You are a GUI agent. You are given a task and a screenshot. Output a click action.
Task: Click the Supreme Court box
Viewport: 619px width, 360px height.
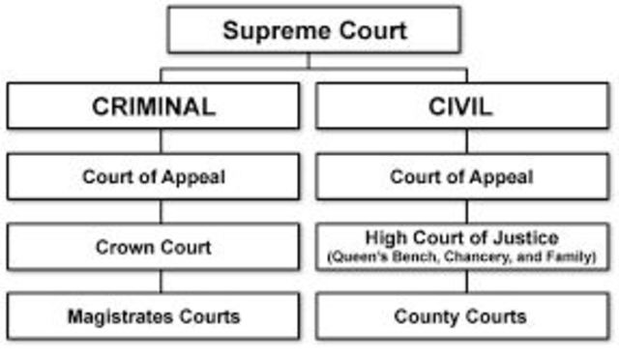click(x=314, y=30)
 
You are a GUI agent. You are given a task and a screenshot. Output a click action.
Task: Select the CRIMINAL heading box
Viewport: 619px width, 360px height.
click(x=154, y=105)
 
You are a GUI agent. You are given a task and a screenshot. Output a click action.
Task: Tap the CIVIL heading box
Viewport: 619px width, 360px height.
click(x=460, y=105)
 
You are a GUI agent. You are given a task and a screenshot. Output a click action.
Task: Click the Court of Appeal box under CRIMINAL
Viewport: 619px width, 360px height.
click(x=154, y=177)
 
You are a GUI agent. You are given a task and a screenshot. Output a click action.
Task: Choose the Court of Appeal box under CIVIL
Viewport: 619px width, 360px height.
click(x=460, y=177)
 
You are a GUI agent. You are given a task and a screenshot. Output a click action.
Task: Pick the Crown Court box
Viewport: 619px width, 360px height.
click(x=154, y=247)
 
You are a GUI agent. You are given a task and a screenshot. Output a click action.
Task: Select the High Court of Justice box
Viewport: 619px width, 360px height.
click(x=460, y=247)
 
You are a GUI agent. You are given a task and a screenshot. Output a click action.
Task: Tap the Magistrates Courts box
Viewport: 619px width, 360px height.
click(x=154, y=316)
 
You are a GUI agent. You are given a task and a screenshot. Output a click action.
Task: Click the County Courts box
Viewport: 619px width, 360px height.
click(x=460, y=316)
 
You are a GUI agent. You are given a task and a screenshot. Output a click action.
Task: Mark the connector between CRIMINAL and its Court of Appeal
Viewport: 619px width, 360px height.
click(x=161, y=141)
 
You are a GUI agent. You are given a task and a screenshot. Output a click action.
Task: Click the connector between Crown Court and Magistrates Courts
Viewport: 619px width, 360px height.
click(x=161, y=282)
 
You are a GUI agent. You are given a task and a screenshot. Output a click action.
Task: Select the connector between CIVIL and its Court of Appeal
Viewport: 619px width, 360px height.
click(x=466, y=141)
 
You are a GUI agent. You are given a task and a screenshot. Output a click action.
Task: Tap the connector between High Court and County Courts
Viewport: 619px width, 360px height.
click(x=466, y=282)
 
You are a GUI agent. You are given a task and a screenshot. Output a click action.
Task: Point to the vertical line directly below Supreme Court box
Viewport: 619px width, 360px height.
click(x=309, y=61)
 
